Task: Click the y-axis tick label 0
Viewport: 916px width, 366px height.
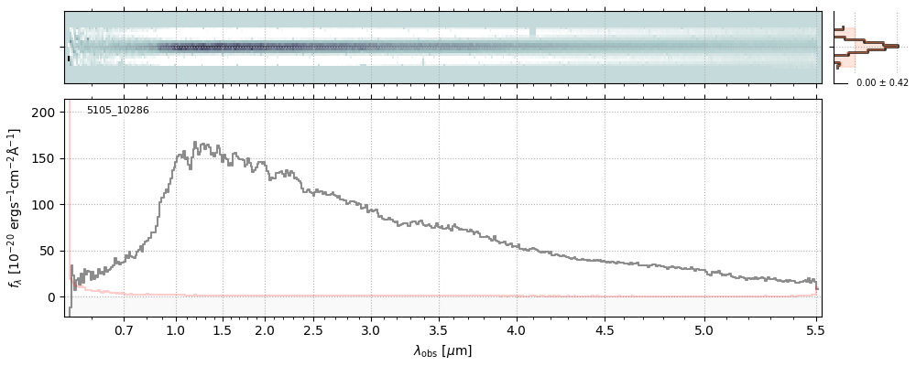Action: click(x=52, y=297)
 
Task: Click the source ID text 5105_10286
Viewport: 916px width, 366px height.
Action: click(x=117, y=111)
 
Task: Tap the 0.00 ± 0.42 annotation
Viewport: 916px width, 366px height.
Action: click(x=882, y=82)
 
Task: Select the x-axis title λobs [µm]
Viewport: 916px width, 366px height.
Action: click(x=442, y=350)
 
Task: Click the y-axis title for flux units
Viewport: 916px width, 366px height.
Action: click(x=16, y=209)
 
